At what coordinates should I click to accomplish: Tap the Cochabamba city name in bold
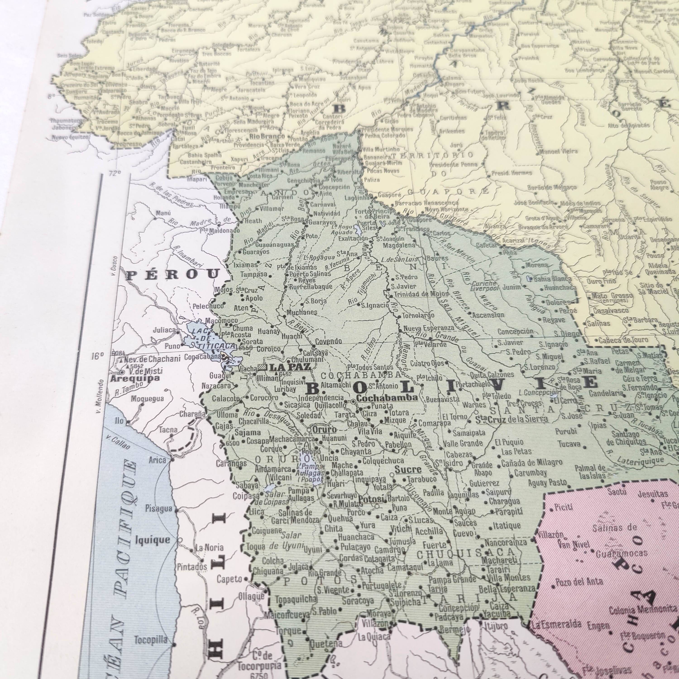[387, 398]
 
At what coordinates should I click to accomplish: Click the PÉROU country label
[172, 275]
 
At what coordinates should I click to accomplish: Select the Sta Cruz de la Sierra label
[511, 419]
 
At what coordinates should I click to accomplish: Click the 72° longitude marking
[114, 173]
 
